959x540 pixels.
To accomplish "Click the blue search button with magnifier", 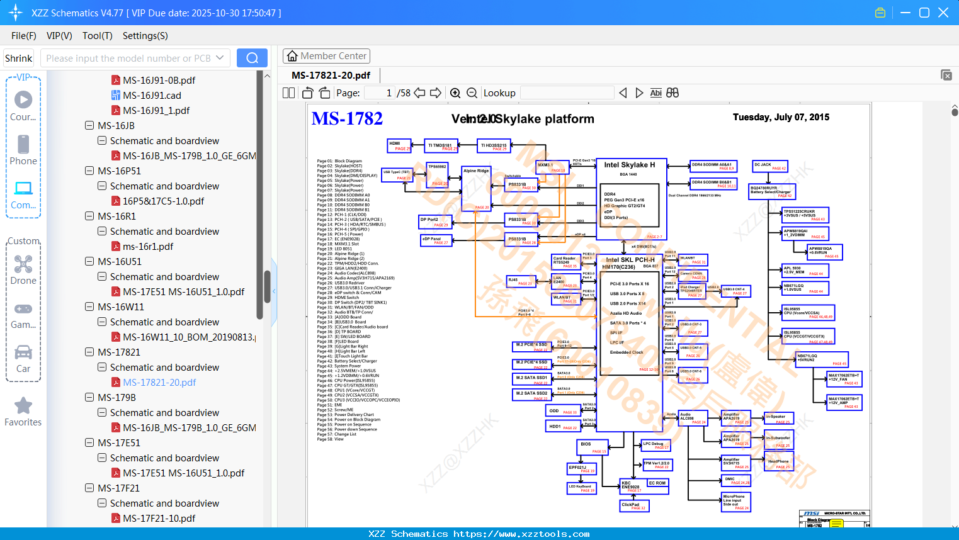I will pos(252,58).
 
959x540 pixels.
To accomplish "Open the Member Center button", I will pos(326,56).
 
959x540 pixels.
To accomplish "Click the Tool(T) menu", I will pos(98,36).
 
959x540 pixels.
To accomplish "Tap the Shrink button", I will pos(18,59).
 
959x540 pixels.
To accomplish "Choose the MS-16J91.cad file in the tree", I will pos(152,95).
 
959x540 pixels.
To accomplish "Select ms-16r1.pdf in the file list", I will pos(148,246).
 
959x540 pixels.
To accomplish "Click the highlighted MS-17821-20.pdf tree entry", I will pos(159,382).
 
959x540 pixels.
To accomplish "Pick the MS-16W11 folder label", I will pos(120,307).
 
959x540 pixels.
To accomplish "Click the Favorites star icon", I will pos(23,406).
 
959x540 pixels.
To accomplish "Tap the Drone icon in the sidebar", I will pos(23,265).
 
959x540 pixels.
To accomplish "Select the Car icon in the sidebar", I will pos(23,352).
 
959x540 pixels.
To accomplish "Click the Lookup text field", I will pos(567,93).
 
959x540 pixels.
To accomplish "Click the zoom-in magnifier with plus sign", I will pos(455,93).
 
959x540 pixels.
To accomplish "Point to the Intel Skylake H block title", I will pos(629,165).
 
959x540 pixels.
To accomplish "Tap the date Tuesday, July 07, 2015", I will pos(781,117).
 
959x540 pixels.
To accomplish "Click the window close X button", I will pos(943,13).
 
